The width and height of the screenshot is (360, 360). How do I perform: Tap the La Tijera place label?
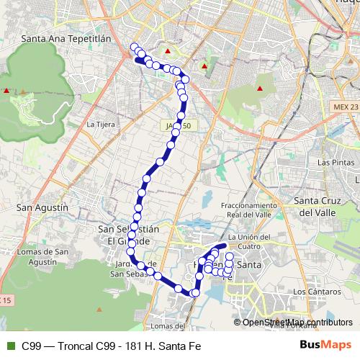click(100, 124)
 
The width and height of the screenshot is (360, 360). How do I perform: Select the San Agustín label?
click(41, 207)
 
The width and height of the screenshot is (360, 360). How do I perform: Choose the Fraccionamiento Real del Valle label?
click(251, 210)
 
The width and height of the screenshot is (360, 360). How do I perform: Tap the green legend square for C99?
click(9, 346)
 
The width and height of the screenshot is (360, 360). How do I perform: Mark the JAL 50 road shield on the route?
click(180, 125)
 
